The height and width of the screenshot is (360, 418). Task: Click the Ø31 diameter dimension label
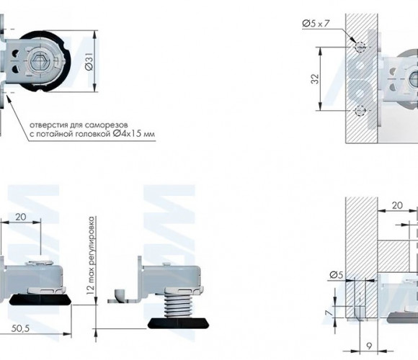tap(89, 61)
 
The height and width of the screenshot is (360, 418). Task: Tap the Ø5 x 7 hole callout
tap(316, 24)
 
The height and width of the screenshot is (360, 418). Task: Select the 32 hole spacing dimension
tap(315, 78)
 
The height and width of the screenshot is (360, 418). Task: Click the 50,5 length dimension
tap(20, 329)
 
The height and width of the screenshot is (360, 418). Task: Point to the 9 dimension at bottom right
tap(369, 346)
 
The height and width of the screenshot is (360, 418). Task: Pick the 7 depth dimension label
tap(330, 312)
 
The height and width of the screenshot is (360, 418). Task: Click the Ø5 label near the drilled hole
tap(337, 274)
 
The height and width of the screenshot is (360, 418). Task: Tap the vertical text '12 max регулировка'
tap(92, 256)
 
